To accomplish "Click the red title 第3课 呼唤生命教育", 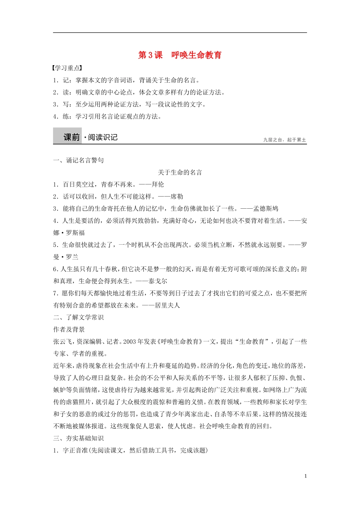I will click(x=180, y=55).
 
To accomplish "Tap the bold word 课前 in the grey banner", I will click(x=72, y=137).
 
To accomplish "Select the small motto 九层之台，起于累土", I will click(x=285, y=140).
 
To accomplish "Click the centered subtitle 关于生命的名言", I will click(x=180, y=172).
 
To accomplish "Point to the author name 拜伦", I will click(x=158, y=184).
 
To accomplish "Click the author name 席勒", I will click(x=177, y=197).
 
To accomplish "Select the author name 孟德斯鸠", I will click(x=266, y=209).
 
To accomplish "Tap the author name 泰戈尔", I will click(x=158, y=281).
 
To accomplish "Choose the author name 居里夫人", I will click(x=167, y=305).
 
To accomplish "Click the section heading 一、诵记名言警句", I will click(x=78, y=160).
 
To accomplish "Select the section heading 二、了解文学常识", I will click(x=78, y=317).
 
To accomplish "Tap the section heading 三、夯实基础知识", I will click(x=78, y=438).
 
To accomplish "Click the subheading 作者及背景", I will click(x=69, y=329).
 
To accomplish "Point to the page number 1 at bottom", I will click(x=305, y=476).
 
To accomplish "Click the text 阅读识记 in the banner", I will click(x=103, y=137).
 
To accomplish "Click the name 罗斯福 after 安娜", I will click(x=75, y=233).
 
